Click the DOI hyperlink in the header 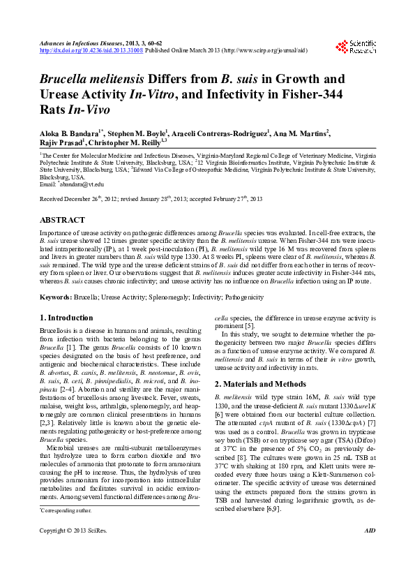point(91,50)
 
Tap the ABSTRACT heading point(63,220)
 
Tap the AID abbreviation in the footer point(370,551)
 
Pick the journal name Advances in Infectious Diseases point(82,43)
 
